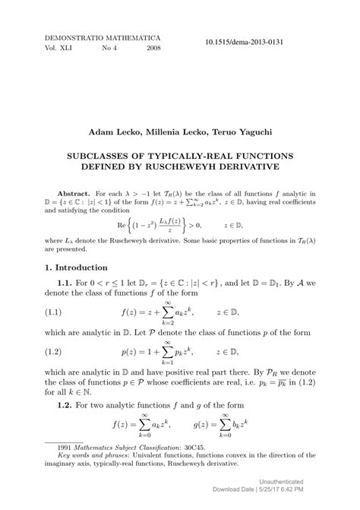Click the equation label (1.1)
57,312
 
